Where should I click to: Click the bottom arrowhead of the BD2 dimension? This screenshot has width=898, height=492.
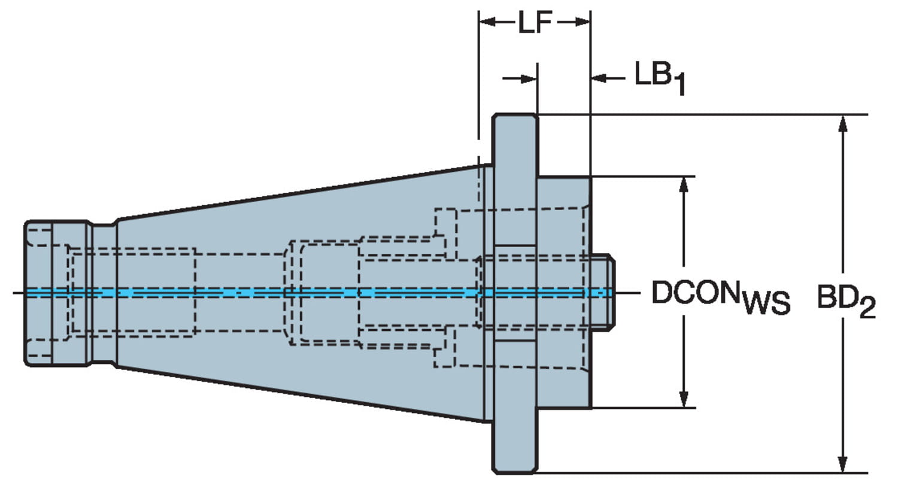point(843,464)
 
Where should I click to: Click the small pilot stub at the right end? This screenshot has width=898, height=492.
point(603,292)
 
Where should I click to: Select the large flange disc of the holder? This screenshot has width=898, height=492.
point(514,180)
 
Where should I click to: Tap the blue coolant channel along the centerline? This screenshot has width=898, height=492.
point(239,292)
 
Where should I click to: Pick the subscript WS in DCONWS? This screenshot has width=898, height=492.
point(766,303)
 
